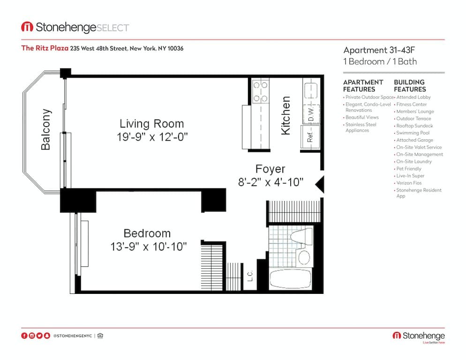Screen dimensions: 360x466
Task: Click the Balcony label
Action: coord(45,129)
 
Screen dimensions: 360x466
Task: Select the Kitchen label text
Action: coord(286,116)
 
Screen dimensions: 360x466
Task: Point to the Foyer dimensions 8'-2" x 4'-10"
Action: coord(271,182)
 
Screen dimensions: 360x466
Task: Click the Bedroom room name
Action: coord(147,233)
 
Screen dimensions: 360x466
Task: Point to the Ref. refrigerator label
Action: coord(310,136)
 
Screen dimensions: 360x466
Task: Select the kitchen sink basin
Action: coord(311,90)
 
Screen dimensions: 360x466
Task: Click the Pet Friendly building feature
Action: coord(409,169)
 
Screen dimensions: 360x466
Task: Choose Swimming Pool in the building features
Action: coord(413,133)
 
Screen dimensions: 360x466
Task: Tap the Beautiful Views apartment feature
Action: coord(362,117)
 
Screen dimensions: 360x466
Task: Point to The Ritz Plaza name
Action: coord(45,48)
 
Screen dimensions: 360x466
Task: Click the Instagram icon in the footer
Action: coord(32,336)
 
